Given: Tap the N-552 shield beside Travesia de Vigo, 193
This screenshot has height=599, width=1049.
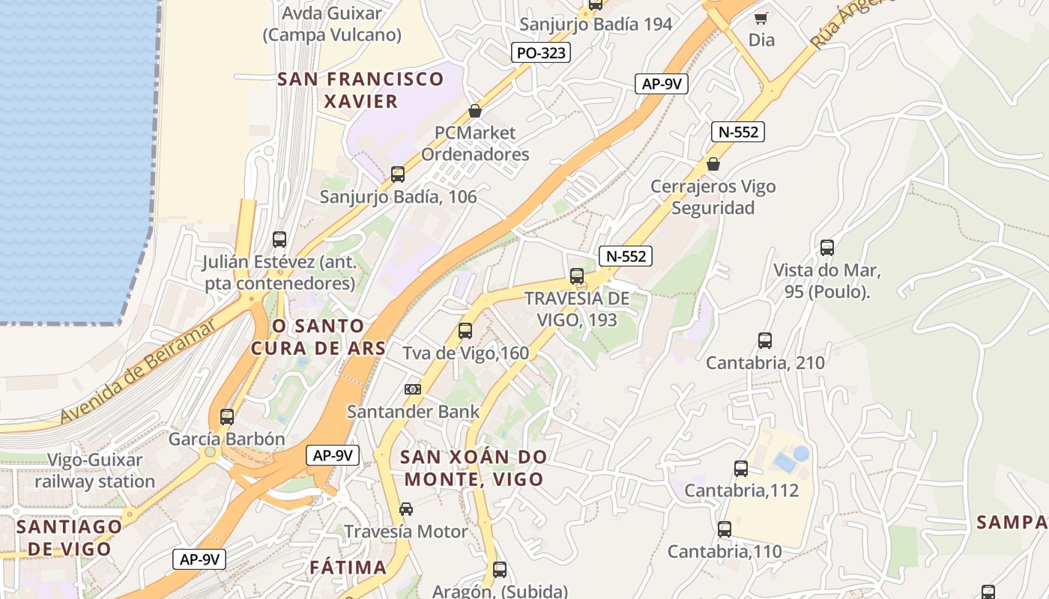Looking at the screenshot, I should tap(626, 256).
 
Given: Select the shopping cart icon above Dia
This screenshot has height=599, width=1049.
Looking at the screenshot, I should tap(761, 18).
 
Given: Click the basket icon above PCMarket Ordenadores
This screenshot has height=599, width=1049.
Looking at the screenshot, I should tap(474, 111).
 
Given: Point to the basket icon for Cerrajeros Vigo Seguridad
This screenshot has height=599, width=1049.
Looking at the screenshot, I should tap(713, 164).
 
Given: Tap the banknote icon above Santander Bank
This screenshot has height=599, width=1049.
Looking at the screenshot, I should tap(413, 389).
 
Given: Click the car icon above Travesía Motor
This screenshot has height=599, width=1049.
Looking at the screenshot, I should tap(405, 509).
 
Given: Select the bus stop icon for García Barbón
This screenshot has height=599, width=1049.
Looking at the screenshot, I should tap(227, 416).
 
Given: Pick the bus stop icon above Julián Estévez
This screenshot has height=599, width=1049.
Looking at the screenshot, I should tap(279, 240).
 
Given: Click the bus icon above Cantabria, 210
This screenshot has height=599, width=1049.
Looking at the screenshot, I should tap(765, 341).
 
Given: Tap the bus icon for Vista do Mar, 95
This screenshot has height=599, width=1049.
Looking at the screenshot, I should tap(827, 248).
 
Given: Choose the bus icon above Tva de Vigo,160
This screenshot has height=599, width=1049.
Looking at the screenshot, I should tap(465, 330).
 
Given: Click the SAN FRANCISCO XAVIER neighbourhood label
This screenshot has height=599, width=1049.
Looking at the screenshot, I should tap(361, 90).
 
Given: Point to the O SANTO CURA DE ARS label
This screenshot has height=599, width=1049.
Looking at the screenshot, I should tap(318, 337).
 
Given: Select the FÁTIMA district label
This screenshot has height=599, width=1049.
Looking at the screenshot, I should tap(348, 568).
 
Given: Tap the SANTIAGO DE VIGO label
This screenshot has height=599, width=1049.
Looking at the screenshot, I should tap(69, 537).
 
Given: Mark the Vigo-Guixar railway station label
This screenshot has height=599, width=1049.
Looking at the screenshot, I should tap(95, 470).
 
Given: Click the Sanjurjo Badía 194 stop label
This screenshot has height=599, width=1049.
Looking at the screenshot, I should tap(596, 24).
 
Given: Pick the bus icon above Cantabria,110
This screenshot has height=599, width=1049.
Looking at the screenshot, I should tap(725, 529).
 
